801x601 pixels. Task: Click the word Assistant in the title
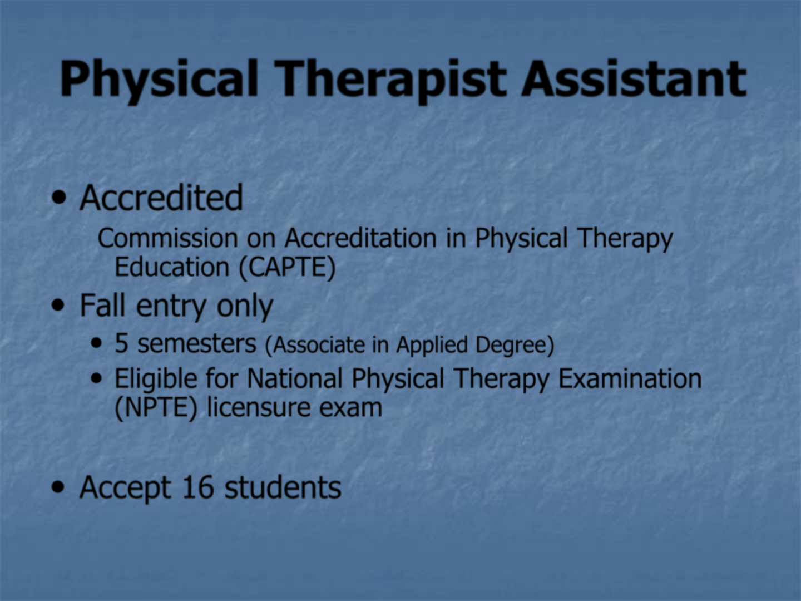[x=634, y=78]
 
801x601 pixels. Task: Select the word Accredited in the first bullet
[x=161, y=198]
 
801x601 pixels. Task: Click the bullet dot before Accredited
[x=59, y=198]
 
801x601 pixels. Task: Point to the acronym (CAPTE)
[x=287, y=268]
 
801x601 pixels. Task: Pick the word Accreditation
[x=360, y=238]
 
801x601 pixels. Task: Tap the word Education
[x=172, y=267]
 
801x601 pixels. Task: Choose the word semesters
[x=197, y=344]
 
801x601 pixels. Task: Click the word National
[x=295, y=378]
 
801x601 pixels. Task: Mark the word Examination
[x=630, y=378]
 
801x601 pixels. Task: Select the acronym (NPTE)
[x=156, y=408]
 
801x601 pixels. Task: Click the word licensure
[x=259, y=407]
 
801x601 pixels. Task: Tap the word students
[x=283, y=487]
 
